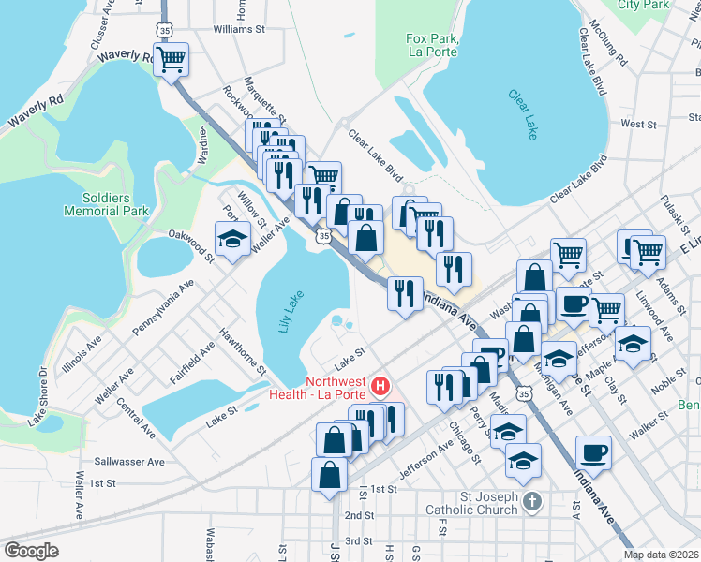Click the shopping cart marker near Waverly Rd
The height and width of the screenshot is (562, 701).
click(171, 61)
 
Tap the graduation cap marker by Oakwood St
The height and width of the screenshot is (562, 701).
click(232, 240)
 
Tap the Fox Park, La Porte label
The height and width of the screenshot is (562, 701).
click(431, 45)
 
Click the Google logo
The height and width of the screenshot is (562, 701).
click(32, 551)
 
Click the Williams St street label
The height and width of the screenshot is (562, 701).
click(239, 30)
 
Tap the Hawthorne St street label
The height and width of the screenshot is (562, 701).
click(241, 348)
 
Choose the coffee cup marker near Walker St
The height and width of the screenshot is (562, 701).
click(592, 453)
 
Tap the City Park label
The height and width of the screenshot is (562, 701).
click(643, 5)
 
